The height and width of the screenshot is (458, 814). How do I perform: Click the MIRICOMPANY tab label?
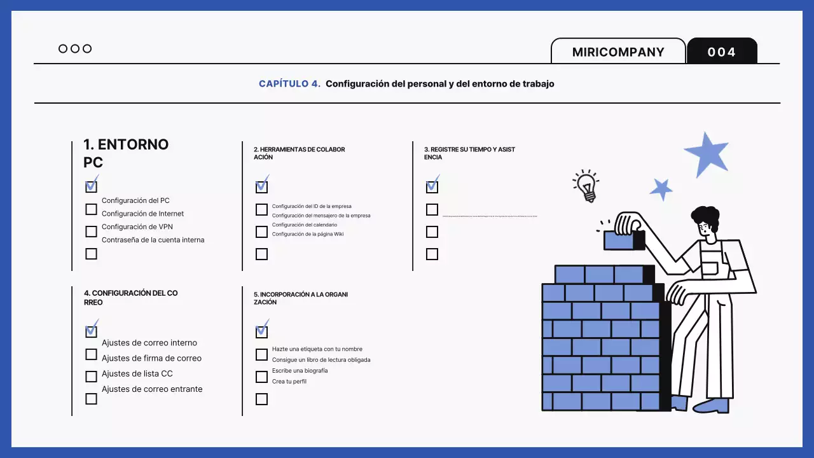point(617,52)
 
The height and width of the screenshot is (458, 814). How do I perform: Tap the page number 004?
point(722,52)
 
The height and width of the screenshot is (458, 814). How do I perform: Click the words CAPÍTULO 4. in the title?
point(289,84)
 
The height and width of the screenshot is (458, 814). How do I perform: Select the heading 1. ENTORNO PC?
point(126,153)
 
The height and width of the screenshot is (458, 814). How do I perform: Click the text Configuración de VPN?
point(137,227)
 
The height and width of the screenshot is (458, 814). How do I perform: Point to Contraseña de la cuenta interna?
point(153,240)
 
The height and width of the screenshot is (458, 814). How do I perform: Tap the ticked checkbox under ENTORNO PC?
point(92,186)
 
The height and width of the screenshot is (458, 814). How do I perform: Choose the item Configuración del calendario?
point(305,225)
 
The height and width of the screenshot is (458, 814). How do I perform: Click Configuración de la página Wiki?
point(308,235)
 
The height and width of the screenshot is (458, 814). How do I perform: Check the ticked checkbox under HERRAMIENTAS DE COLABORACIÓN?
point(261,186)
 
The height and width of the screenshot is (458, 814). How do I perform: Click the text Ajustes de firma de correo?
point(151,358)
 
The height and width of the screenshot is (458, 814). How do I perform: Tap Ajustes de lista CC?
point(137,374)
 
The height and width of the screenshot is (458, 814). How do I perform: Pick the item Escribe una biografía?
point(300,371)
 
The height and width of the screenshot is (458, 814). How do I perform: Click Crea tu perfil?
point(289,382)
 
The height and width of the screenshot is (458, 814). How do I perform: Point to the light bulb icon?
point(586,186)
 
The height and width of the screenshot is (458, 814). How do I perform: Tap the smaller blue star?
point(661,189)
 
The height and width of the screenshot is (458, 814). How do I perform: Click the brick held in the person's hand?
point(621,240)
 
